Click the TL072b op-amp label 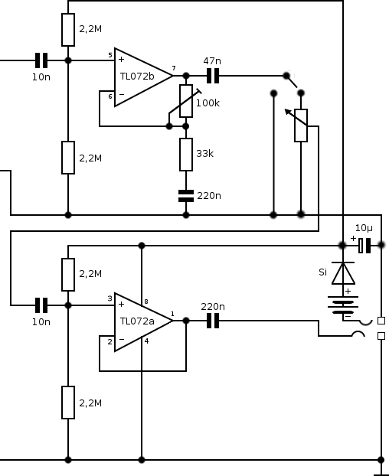(137, 77)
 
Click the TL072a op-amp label (137, 321)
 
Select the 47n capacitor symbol (213, 76)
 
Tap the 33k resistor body (186, 155)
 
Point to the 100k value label (208, 103)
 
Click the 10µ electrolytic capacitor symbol (364, 246)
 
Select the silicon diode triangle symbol (343, 273)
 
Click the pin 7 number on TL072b (174, 68)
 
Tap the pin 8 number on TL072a (146, 302)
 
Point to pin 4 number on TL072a (147, 341)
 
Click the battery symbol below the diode (343, 305)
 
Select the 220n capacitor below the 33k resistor (186, 196)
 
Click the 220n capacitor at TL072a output (213, 321)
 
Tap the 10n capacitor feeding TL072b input (41, 60)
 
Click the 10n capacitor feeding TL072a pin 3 (41, 305)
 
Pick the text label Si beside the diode (323, 272)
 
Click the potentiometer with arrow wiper (301, 125)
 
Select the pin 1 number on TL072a (172, 314)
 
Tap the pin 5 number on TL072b (110, 55)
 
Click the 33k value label (204, 154)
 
